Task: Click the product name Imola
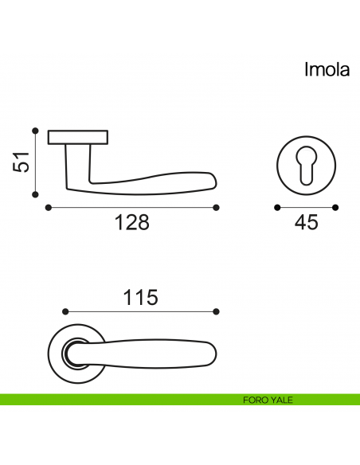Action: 327,69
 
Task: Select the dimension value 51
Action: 22,162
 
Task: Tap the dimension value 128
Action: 132,222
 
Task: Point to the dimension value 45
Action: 307,222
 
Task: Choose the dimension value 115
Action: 140,297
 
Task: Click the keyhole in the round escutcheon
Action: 306,166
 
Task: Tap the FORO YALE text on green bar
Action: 268,400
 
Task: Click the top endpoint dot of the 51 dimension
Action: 35,131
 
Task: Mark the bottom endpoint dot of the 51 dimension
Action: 35,194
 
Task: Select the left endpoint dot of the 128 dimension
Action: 49,208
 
